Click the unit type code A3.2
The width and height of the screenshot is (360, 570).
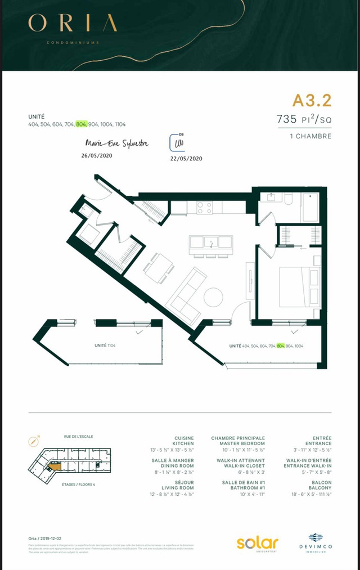point(312,101)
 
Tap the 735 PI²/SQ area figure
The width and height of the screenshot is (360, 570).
point(303,119)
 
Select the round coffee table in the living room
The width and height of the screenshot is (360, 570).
point(214,297)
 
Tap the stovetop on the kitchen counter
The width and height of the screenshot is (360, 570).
point(204,207)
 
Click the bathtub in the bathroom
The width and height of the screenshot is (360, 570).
point(311,208)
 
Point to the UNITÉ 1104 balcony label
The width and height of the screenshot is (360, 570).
point(105,345)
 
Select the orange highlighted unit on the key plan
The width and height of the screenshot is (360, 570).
point(55,464)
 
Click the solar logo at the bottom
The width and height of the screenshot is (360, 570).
point(257,543)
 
